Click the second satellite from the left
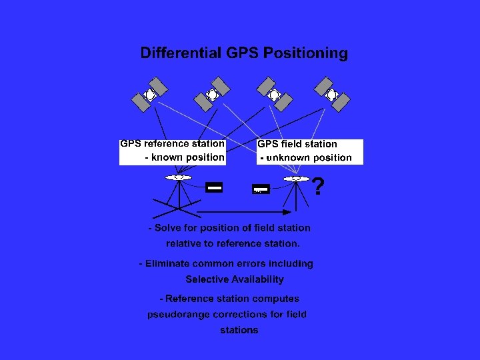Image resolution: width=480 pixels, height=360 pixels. click(213, 95)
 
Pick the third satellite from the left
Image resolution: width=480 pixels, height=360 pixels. click(275, 95)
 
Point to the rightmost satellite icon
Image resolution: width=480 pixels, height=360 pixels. click(332, 95)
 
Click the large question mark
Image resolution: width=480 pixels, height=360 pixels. click(319, 187)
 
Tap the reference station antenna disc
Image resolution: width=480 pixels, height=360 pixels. click(178, 177)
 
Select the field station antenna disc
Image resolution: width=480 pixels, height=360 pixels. click(296, 179)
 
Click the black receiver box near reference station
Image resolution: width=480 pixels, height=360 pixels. click(214, 188)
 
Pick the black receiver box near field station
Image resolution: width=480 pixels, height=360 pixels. click(261, 190)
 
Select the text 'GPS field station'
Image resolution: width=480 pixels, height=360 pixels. click(297, 144)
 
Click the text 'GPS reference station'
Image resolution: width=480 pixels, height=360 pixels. click(172, 143)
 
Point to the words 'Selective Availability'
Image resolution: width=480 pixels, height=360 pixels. click(235, 279)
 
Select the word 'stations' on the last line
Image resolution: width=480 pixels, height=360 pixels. click(239, 330)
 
